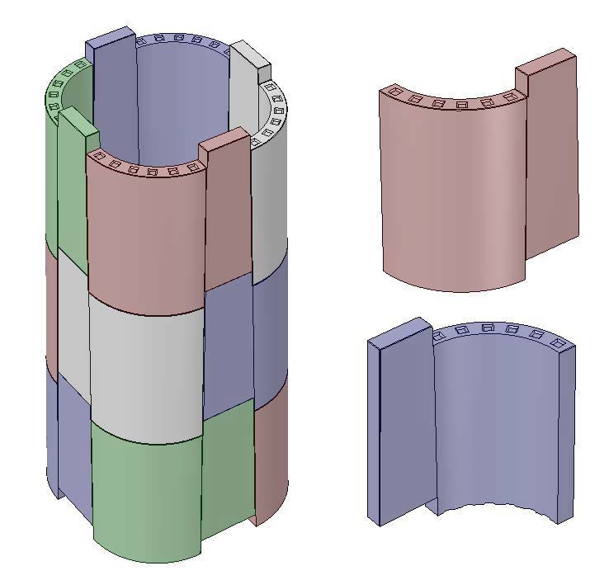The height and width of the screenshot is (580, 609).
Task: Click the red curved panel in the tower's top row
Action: pyautogui.click(x=144, y=239)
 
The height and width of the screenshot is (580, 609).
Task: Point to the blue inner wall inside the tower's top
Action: pyautogui.click(x=177, y=99)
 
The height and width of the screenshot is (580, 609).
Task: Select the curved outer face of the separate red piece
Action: pyautogui.click(x=450, y=198)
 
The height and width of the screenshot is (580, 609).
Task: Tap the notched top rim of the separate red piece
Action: pyautogui.click(x=458, y=102)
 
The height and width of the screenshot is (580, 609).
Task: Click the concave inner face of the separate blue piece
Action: pyautogui.click(x=495, y=421)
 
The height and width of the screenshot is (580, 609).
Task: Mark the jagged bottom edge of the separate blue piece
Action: pyautogui.click(x=495, y=506)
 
